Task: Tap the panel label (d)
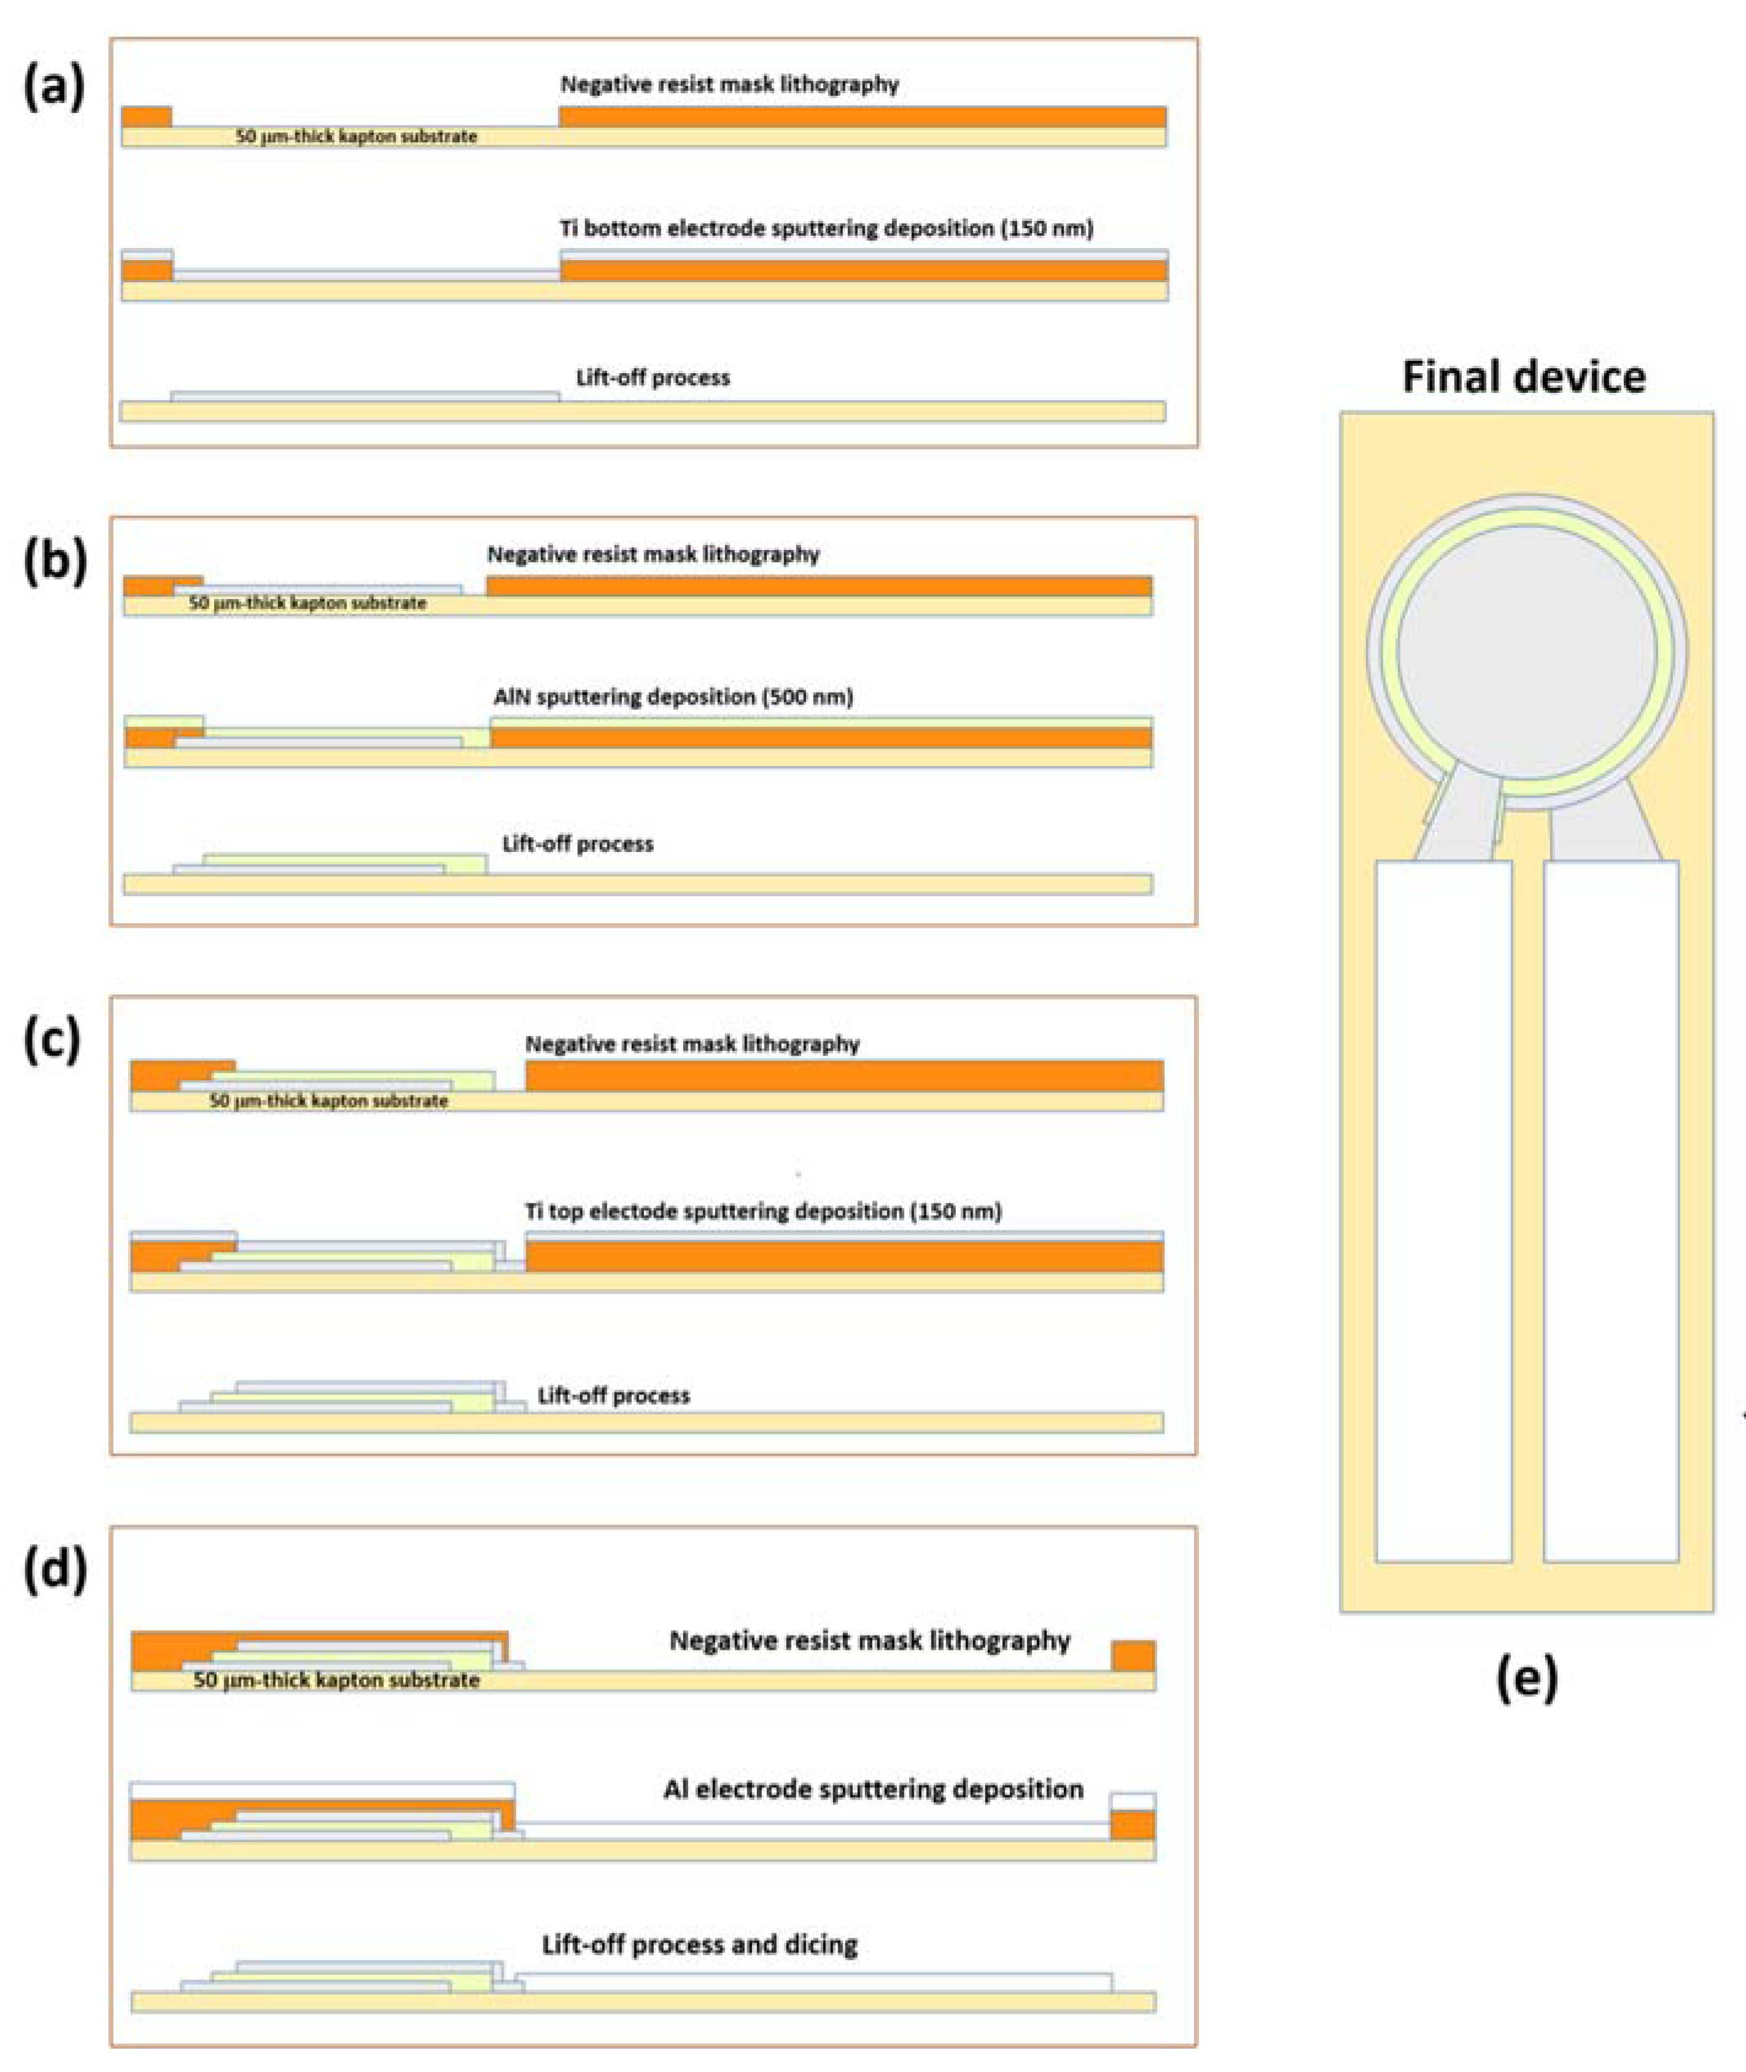pos(55,1571)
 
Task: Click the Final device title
pos(1524,377)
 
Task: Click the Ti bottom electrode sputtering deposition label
pos(826,228)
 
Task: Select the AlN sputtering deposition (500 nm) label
pos(673,697)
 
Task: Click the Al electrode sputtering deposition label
pos(873,1789)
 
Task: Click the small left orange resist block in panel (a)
pos(147,117)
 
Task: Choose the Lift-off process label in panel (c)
pos(614,1395)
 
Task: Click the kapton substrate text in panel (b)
pos(308,603)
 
